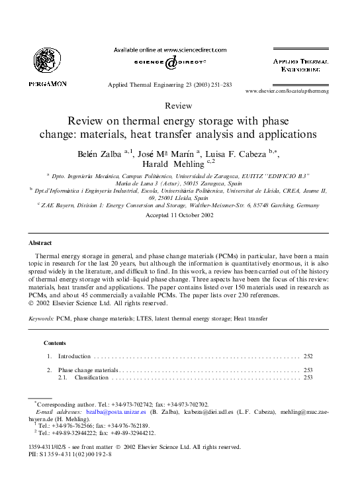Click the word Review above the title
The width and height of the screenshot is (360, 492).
coord(179,106)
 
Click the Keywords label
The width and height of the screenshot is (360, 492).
coord(42,319)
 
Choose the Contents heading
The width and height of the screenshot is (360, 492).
coord(54,343)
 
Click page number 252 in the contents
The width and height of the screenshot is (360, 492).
coord(308,356)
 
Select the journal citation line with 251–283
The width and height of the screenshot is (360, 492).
coord(170,85)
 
